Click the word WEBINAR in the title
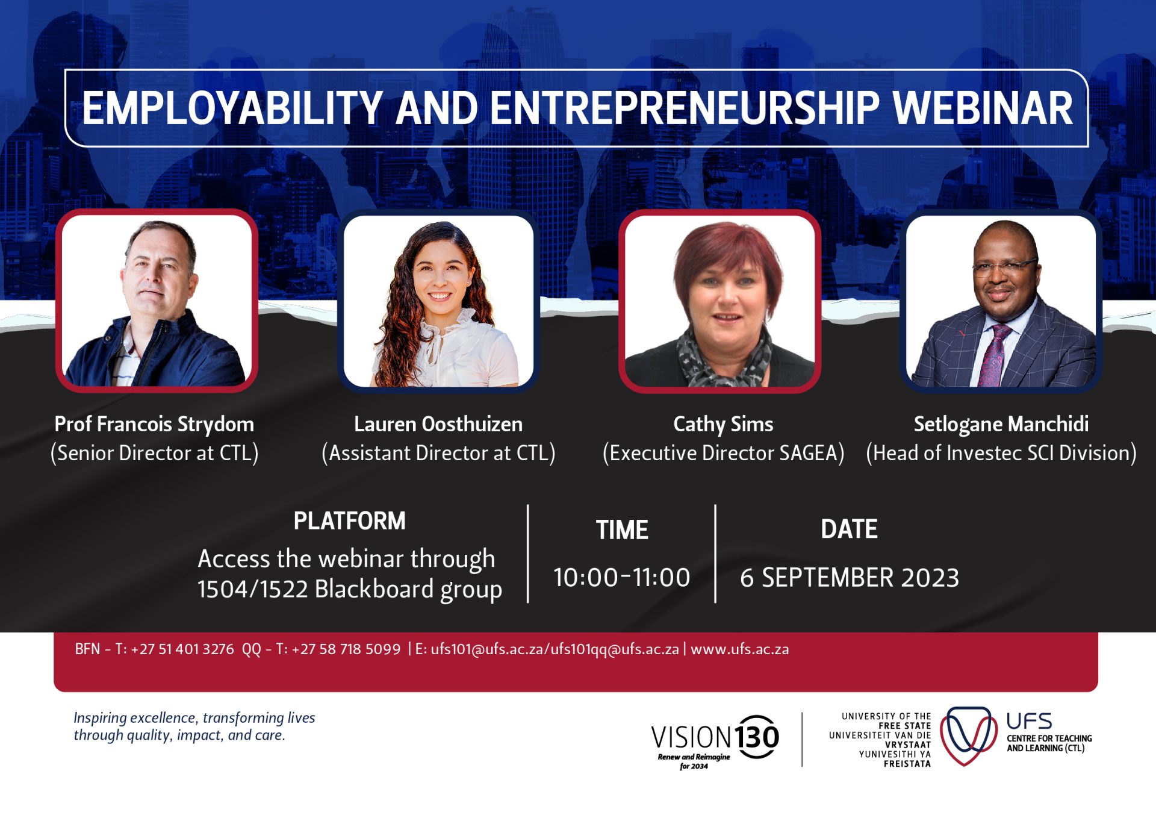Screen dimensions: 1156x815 (x=983, y=108)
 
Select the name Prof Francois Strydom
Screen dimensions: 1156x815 (x=154, y=425)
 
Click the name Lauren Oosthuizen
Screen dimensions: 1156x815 (x=438, y=424)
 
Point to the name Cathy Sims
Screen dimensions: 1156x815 (x=723, y=425)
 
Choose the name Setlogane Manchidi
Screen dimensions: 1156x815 (x=1001, y=425)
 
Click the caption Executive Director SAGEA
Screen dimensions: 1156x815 (x=723, y=453)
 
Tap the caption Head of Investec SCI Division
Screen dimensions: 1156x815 (x=1001, y=453)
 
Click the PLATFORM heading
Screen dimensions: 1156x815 (x=349, y=521)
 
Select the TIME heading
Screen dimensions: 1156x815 (x=622, y=530)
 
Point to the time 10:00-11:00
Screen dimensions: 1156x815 (x=622, y=577)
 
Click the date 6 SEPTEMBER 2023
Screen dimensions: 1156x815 (x=849, y=578)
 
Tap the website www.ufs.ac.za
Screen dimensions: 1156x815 (x=740, y=649)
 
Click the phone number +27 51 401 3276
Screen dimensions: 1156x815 (x=182, y=649)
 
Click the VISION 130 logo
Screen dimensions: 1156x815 (x=715, y=741)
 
